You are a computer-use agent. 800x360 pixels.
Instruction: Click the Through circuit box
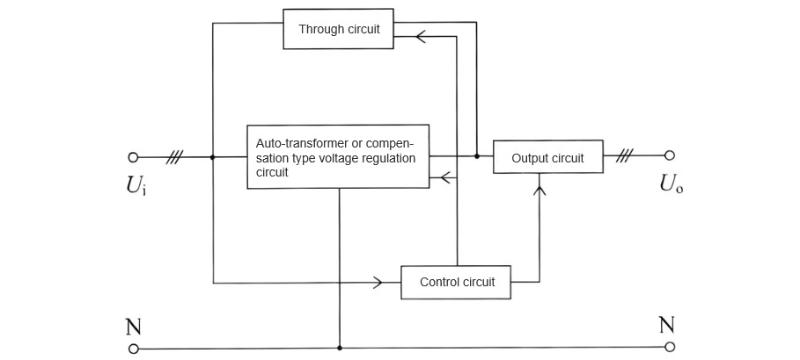coord(339,29)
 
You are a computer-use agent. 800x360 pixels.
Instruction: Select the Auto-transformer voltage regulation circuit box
coord(338,157)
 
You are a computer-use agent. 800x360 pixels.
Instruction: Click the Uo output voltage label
coord(670,184)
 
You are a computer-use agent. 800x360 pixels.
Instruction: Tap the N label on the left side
coord(133,326)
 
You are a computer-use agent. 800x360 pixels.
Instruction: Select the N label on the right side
coord(668,326)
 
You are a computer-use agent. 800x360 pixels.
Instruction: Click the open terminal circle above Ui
coord(134,157)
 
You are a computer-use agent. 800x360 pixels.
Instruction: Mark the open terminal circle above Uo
coord(669,156)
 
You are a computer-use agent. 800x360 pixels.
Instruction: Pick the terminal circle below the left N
coord(134,349)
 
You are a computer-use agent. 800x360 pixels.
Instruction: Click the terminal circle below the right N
coord(669,349)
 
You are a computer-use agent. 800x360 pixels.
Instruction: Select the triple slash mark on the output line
coord(627,156)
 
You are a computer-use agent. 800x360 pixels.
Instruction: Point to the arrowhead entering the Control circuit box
coord(378,282)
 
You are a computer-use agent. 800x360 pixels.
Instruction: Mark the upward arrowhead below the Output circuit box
coord(540,186)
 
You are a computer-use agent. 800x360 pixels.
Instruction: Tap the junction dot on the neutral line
coord(340,349)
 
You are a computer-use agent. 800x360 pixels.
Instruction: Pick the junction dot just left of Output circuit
coord(477,157)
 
